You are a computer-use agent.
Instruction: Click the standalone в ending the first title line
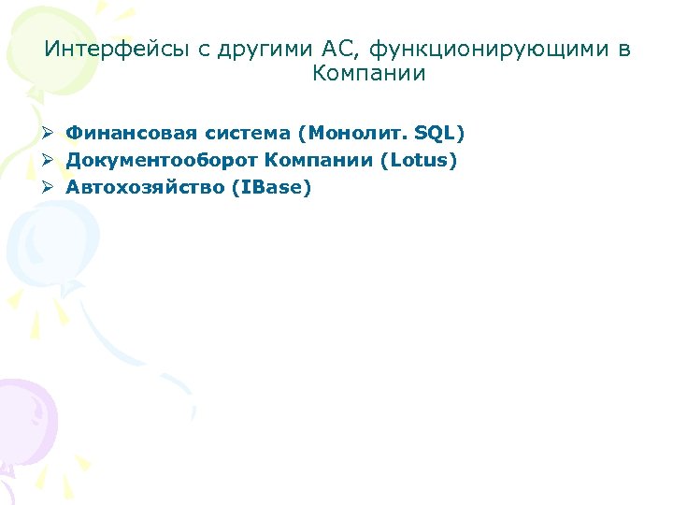coord(624,49)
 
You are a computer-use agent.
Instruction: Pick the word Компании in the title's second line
coord(369,74)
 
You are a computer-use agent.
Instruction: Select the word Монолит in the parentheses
coord(346,133)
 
